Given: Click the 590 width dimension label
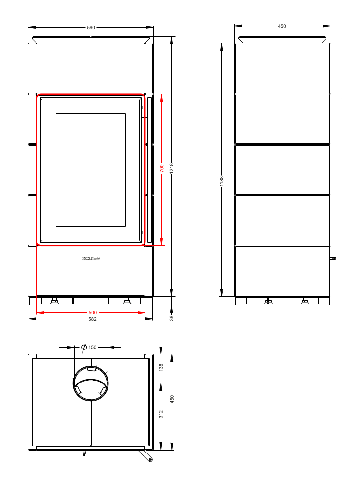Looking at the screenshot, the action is (91, 28).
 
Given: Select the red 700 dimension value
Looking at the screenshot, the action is (161, 168).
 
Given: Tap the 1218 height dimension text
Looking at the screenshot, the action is (171, 168).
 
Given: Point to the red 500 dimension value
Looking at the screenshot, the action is (93, 312).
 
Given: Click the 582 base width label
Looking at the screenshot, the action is (93, 319).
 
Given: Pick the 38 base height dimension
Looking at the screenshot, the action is (171, 318).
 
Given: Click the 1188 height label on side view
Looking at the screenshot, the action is (222, 181).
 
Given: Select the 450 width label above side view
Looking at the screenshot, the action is (282, 26).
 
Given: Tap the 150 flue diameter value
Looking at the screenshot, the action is (93, 347).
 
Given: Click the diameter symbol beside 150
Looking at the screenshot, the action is (84, 347).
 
